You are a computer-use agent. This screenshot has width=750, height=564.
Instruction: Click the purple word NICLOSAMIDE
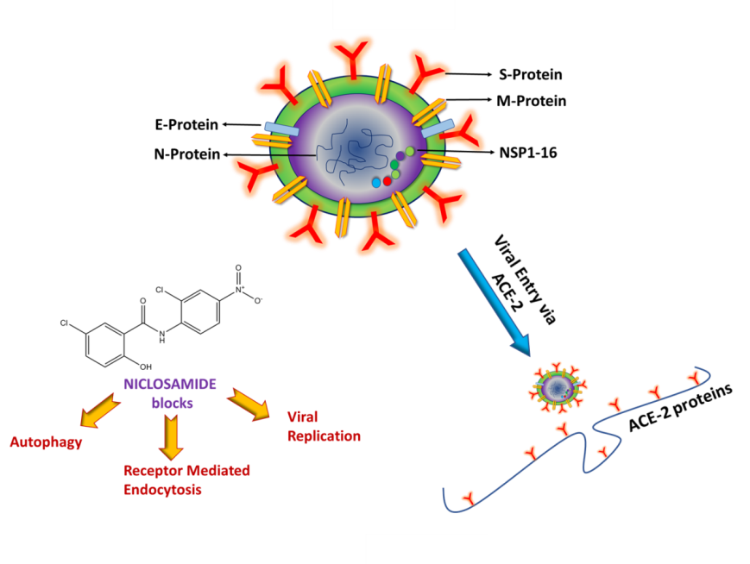(x=170, y=384)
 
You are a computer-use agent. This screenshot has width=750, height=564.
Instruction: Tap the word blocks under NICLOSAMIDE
(x=172, y=402)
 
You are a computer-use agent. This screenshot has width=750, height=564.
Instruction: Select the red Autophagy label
(x=46, y=442)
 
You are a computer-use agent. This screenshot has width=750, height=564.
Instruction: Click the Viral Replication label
(x=323, y=426)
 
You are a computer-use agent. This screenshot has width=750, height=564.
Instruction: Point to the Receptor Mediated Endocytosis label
(x=186, y=480)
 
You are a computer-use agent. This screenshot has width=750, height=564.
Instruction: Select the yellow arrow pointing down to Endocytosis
(x=172, y=436)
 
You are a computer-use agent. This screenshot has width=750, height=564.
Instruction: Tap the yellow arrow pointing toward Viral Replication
(x=249, y=404)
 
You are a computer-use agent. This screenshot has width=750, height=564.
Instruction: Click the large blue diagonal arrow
(x=492, y=300)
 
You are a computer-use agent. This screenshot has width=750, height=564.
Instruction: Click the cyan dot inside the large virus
(x=376, y=183)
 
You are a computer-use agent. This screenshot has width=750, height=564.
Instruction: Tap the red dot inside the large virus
(x=388, y=181)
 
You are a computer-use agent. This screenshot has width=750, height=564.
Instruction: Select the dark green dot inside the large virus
(x=394, y=164)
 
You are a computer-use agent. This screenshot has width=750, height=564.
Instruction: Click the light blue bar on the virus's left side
(x=281, y=129)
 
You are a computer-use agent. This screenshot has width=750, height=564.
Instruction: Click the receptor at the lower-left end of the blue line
(x=468, y=498)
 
